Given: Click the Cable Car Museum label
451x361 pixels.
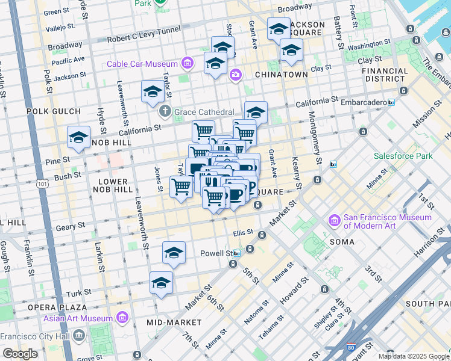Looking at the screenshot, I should tap(142, 64).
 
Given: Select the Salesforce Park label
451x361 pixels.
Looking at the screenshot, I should tap(403, 156).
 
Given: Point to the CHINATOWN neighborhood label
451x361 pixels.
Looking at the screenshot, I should tap(281, 75).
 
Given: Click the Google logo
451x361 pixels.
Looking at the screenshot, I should tap(20, 354).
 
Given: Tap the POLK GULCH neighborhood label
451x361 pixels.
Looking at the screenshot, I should tap(54, 112).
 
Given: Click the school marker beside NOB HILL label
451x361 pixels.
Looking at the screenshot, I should tap(78, 138).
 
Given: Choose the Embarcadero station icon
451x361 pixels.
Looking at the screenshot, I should tap(391, 102).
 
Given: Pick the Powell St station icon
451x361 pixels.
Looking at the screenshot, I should tap(238, 253).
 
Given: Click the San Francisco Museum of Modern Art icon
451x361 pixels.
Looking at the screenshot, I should tap(334, 222).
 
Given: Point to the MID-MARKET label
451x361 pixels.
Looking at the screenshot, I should tap(169, 322).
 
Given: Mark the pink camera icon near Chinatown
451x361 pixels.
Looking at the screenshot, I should tap(235, 75).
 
